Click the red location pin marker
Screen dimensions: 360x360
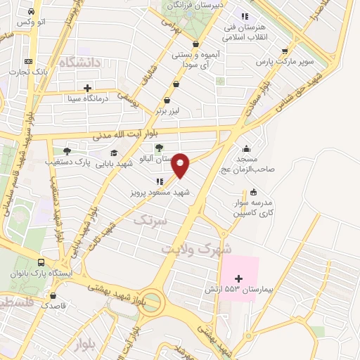(181, 165)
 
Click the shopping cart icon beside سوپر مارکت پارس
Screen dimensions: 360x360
(285, 51)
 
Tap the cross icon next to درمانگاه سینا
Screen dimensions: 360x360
(87, 89)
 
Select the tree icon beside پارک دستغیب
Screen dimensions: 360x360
(67, 150)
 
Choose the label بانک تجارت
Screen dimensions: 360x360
(34, 72)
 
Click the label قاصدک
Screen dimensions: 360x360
(53, 304)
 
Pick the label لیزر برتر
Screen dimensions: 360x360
(169, 111)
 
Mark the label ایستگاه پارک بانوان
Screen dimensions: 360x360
(40, 273)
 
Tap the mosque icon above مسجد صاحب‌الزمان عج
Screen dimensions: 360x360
(246, 149)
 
